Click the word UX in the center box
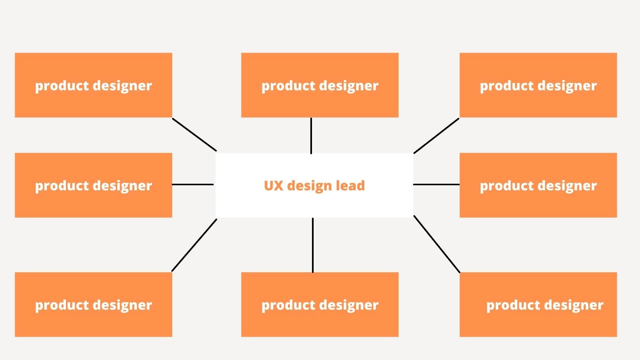point(273,186)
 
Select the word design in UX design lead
point(309,186)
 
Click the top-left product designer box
point(93,85)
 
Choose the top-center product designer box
point(320,85)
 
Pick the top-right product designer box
point(538,85)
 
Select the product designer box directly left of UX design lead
point(93,185)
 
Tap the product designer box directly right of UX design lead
point(538,185)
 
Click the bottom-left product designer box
point(93,304)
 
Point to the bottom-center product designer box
point(320,304)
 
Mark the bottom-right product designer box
point(538,304)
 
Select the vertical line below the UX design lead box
point(313,245)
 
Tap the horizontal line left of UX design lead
point(193,184)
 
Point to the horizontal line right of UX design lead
point(436,184)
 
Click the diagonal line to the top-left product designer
point(194,135)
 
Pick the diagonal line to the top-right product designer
point(436,136)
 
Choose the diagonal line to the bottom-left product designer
point(194,245)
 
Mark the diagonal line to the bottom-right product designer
point(437,244)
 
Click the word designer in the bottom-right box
point(574,305)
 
